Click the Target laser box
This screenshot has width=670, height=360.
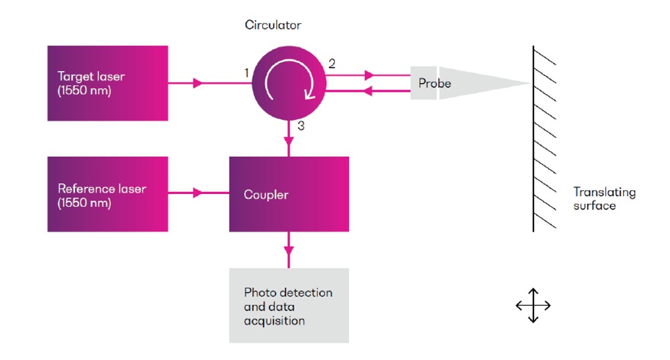pyautogui.click(x=107, y=83)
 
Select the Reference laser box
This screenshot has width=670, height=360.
pyautogui.click(x=107, y=194)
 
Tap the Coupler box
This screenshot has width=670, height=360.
pyautogui.click(x=289, y=194)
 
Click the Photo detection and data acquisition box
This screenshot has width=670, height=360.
pyautogui.click(x=289, y=305)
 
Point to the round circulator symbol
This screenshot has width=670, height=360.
pyautogui.click(x=289, y=83)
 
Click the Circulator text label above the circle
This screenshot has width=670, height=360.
pyautogui.click(x=273, y=25)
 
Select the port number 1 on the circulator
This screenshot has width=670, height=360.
pyautogui.click(x=247, y=72)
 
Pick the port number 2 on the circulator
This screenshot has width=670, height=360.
pyautogui.click(x=332, y=64)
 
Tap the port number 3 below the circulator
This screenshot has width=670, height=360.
pyautogui.click(x=301, y=125)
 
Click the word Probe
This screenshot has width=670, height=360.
pyautogui.click(x=435, y=84)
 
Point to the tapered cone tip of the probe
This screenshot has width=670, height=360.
pyautogui.click(x=515, y=84)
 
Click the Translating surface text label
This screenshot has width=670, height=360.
pyautogui.click(x=604, y=199)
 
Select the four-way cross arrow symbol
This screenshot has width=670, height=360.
pyautogui.click(x=533, y=306)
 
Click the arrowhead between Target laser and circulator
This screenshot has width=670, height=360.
pyautogui.click(x=197, y=84)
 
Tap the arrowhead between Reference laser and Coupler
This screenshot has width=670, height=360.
pyautogui.click(x=197, y=193)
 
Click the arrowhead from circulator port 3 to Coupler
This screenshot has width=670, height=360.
pyautogui.click(x=289, y=141)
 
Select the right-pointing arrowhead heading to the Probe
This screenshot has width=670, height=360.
pyautogui.click(x=368, y=76)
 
